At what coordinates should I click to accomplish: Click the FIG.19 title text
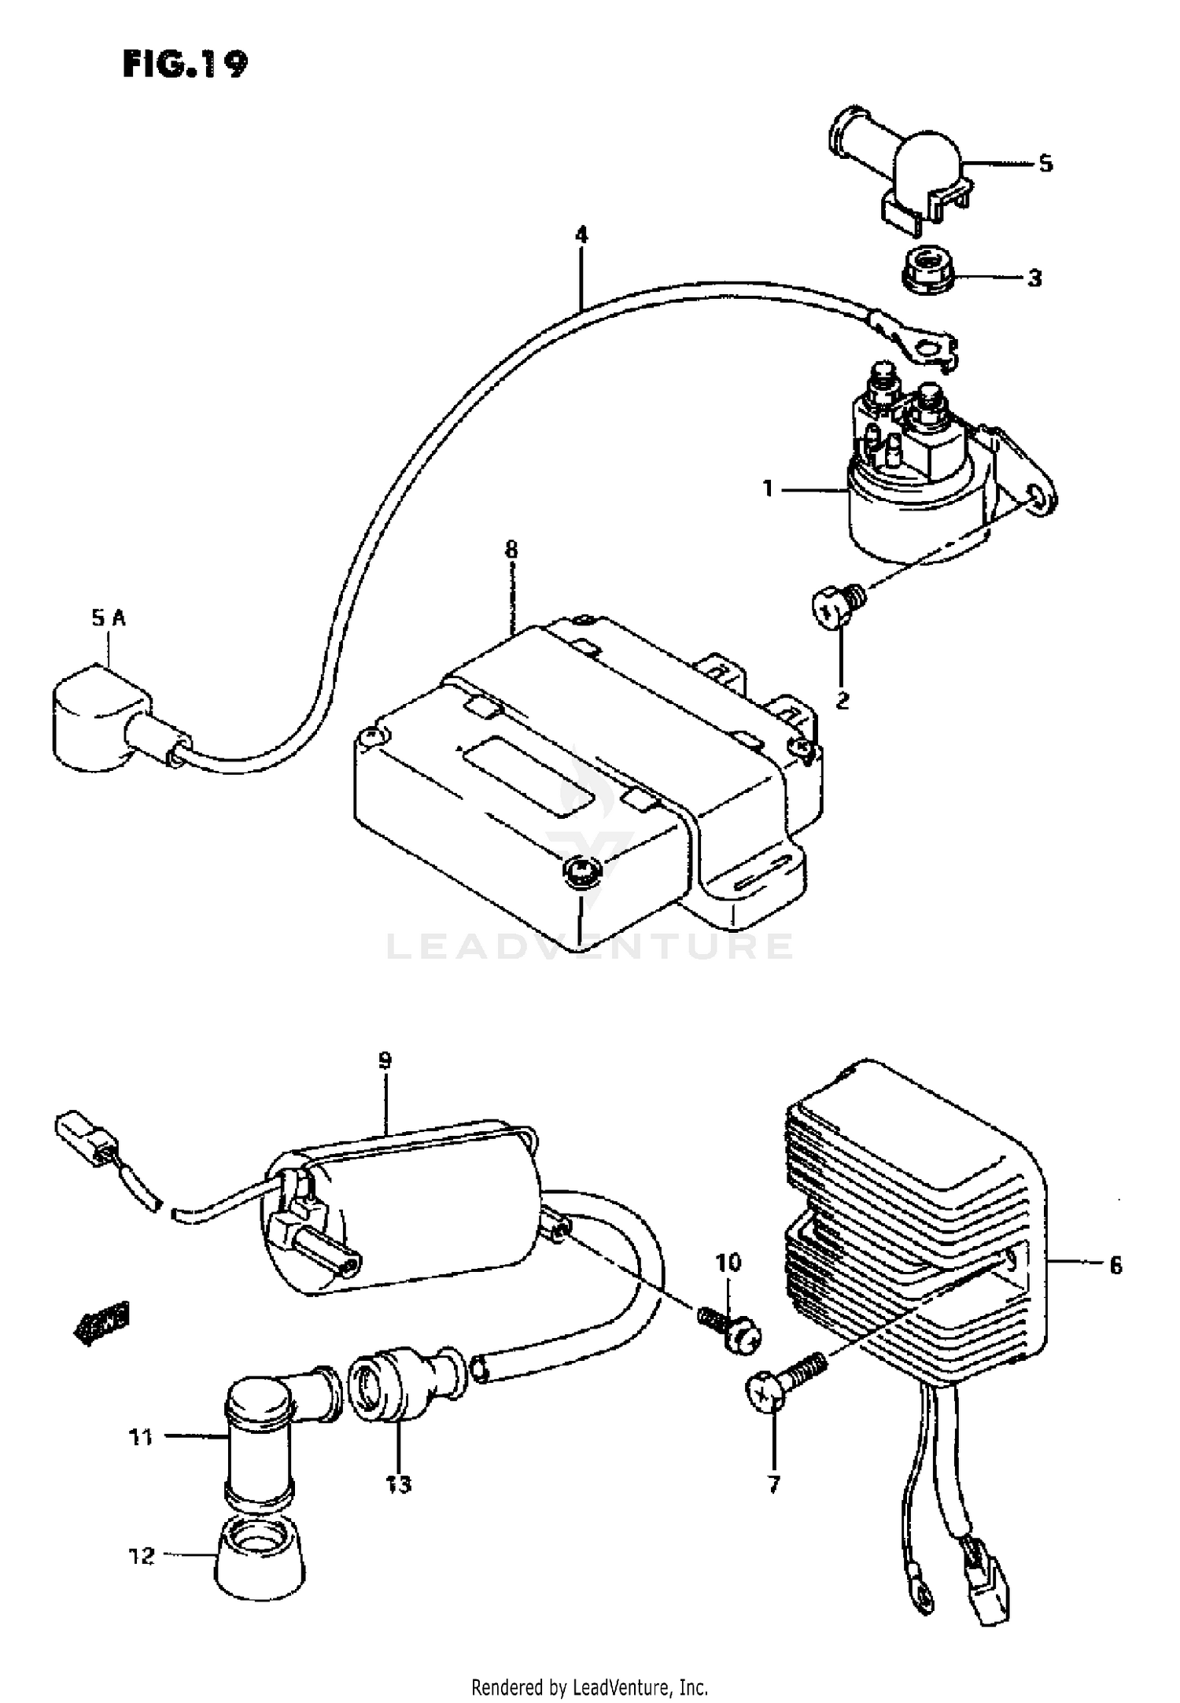tap(185, 65)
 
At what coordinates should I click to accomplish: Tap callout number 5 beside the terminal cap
tap(1045, 164)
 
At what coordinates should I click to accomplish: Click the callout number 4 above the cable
tap(581, 234)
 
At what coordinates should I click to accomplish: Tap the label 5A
tap(108, 618)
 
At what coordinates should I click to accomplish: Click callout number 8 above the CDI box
tap(511, 549)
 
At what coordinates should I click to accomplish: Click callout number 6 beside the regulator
tap(1115, 1266)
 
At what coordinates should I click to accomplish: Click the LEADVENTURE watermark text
tap(590, 946)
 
